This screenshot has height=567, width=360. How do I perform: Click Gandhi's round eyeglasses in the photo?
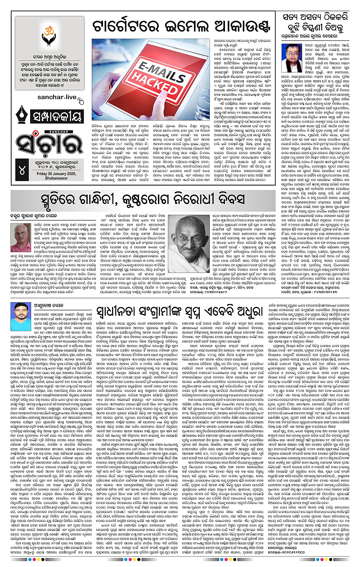pos(190,239)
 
